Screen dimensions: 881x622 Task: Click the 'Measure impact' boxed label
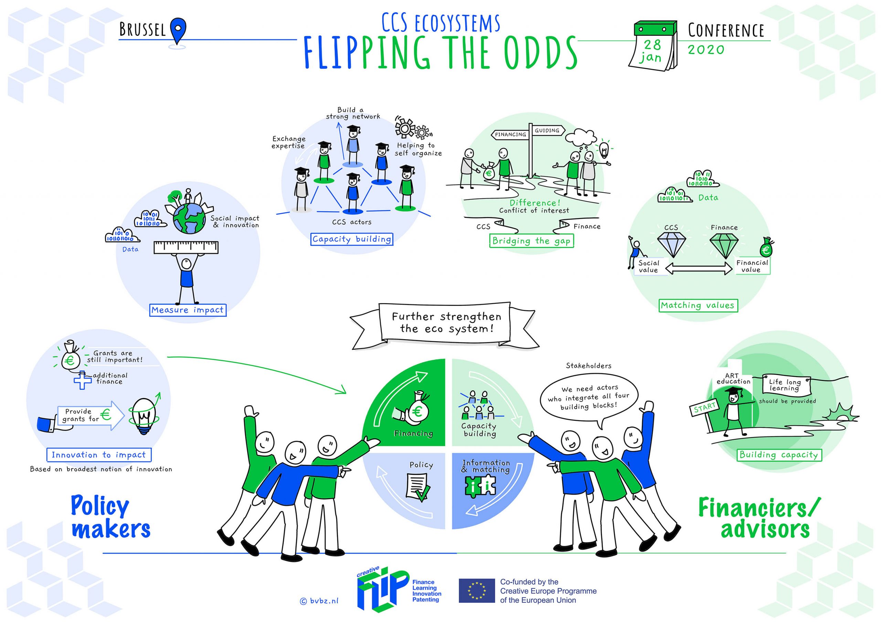pos(188,310)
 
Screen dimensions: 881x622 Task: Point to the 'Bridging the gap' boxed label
pos(531,241)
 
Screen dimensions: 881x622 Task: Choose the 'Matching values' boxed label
pos(698,305)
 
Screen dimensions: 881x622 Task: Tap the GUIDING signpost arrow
pos(548,130)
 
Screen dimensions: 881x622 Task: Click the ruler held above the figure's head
pos(186,247)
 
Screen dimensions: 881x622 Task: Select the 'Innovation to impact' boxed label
pos(99,455)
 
